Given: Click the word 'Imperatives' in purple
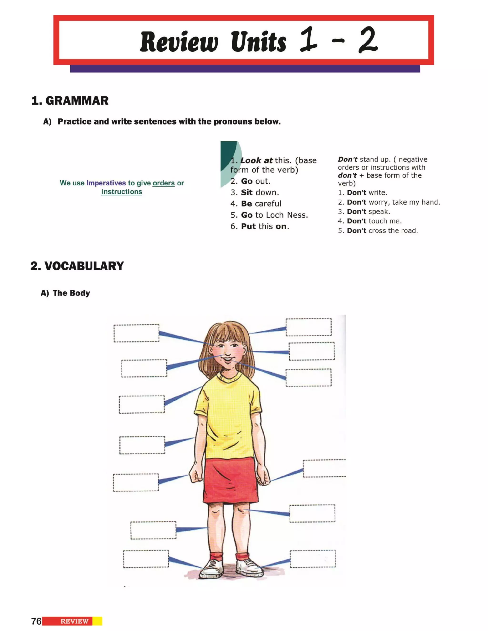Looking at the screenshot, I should [106, 183].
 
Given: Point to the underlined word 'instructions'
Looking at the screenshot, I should [122, 192].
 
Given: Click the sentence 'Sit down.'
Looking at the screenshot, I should [255, 192].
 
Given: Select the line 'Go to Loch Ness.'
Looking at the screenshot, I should [269, 215].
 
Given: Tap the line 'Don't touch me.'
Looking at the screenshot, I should [370, 221].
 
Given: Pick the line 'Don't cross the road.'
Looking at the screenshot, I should [378, 230].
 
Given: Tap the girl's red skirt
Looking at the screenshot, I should [231, 480].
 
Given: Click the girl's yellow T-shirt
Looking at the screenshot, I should [228, 416].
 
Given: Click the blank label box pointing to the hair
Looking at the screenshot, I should [309, 327].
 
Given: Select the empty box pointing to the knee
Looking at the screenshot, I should [312, 513].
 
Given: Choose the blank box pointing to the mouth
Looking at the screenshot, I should [309, 378].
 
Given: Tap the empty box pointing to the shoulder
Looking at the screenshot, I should [142, 404].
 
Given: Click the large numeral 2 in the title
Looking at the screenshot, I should [368, 40].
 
